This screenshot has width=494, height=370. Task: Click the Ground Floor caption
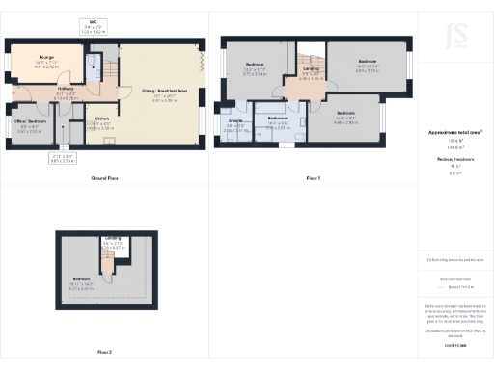click(x=104, y=179)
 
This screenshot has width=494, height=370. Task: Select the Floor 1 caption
click(x=313, y=179)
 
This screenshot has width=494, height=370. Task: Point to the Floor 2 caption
click(x=105, y=352)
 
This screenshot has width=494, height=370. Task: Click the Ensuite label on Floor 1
click(x=235, y=120)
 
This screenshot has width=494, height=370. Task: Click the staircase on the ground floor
click(x=109, y=70)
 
